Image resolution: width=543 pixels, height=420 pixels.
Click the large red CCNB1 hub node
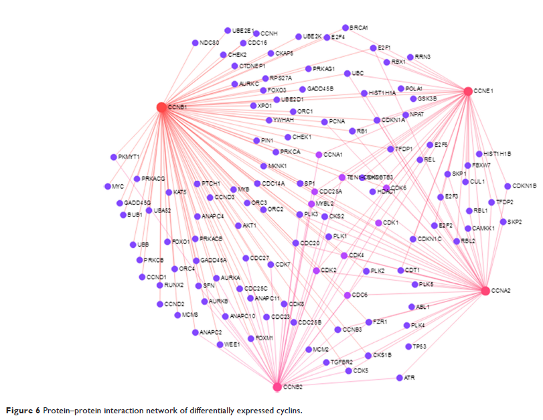[x=161, y=107]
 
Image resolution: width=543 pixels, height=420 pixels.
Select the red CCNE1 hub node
[x=468, y=91]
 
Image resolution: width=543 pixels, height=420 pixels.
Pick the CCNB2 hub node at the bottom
[x=277, y=387]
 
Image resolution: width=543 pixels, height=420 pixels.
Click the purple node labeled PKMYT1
[x=114, y=157]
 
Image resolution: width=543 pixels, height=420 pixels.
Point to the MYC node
[x=107, y=186]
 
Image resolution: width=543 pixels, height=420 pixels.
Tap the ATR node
[x=399, y=378]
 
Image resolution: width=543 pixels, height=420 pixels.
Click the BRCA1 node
[x=345, y=27]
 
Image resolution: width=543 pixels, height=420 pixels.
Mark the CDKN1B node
[x=508, y=186]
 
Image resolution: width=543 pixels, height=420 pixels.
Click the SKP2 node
[x=503, y=222]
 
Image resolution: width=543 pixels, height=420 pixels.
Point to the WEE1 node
[x=220, y=345]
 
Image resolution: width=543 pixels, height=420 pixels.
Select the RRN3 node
[x=410, y=57]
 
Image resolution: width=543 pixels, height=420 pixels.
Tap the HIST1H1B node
[x=479, y=154]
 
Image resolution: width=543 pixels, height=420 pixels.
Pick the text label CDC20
[x=310, y=243]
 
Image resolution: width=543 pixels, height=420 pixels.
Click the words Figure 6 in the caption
[x=24, y=410]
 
